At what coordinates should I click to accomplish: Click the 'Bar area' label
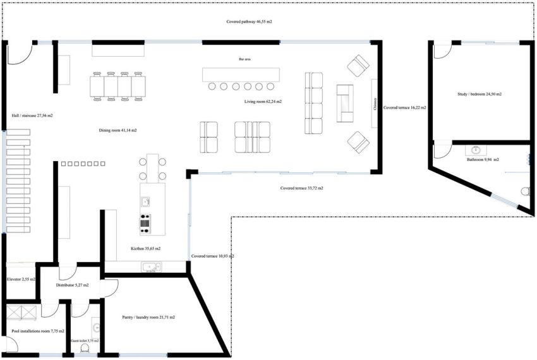click(x=244, y=59)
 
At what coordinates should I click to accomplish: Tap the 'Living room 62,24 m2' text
click(x=263, y=101)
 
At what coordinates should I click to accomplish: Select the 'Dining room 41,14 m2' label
click(x=118, y=130)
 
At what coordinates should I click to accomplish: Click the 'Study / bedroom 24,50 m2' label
click(x=480, y=94)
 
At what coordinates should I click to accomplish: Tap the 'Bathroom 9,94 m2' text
click(x=483, y=160)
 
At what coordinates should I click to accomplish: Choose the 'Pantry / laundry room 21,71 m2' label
click(x=148, y=317)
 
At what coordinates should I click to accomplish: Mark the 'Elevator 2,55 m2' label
click(x=20, y=279)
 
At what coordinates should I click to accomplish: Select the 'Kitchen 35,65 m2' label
click(x=145, y=248)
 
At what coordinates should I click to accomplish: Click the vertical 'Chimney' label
click(x=375, y=103)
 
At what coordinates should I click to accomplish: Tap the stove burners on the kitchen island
click(x=145, y=221)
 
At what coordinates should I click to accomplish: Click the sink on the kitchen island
click(x=145, y=201)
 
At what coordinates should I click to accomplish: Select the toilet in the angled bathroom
click(x=524, y=191)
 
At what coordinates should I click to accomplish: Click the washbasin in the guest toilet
click(x=95, y=327)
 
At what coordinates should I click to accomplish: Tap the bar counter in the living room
click(x=240, y=74)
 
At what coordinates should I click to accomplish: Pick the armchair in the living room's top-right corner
click(x=358, y=65)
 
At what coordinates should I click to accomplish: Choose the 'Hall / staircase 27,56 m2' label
click(x=32, y=116)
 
